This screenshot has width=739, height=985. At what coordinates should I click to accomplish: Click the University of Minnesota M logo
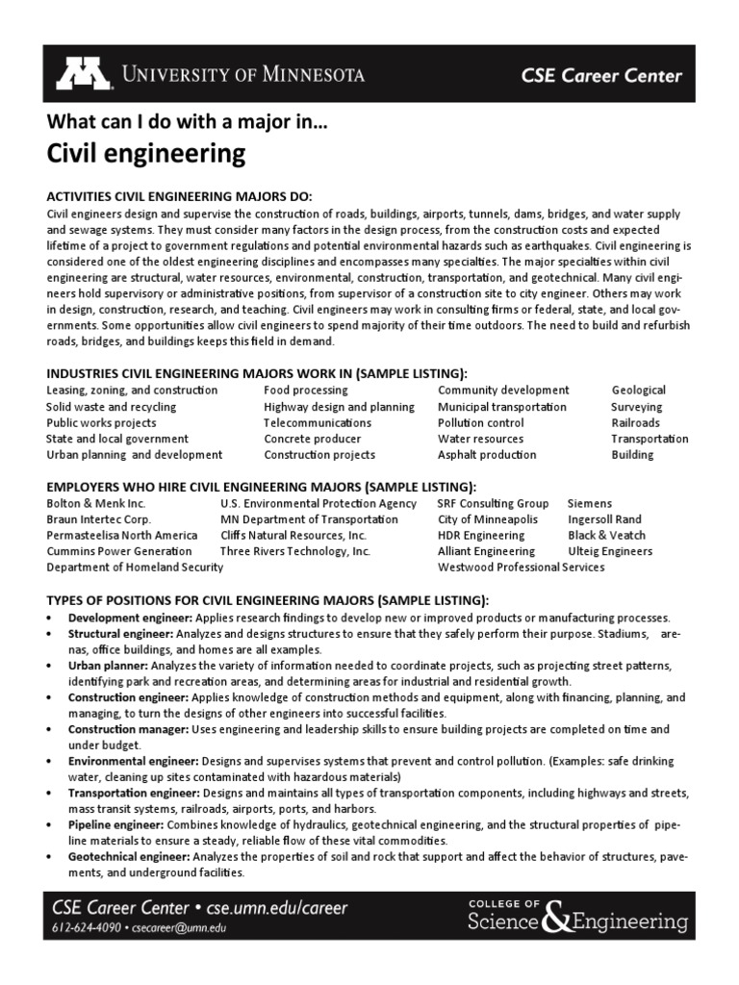(x=84, y=74)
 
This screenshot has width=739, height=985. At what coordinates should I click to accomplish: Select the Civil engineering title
(x=145, y=154)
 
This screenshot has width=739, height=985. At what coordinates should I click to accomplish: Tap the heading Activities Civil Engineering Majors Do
(x=179, y=196)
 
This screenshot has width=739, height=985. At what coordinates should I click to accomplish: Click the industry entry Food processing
(x=306, y=391)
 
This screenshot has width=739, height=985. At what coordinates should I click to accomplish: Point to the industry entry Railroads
(x=635, y=422)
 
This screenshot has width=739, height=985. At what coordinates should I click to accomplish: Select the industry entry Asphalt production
(x=488, y=455)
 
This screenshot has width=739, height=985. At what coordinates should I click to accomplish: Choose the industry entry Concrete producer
(x=312, y=439)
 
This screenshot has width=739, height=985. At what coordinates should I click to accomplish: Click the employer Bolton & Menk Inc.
(x=96, y=503)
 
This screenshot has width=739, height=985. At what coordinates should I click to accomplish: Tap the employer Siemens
(x=589, y=503)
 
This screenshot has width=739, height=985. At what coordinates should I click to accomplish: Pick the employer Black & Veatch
(x=606, y=535)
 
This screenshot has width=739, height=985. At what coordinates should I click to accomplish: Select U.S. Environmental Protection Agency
(x=318, y=503)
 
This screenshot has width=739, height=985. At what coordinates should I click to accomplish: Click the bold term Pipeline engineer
(x=115, y=825)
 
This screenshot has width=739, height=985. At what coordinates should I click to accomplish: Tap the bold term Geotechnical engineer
(x=128, y=856)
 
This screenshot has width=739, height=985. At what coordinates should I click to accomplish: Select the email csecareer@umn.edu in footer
(x=185, y=928)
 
